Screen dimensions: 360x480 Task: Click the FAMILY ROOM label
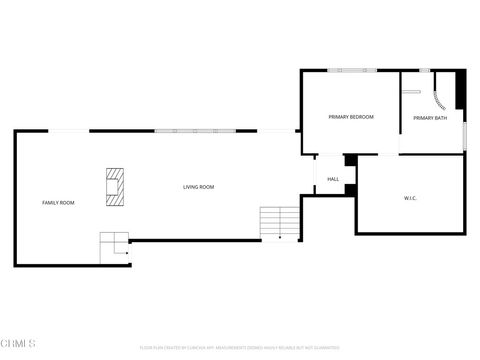pyautogui.click(x=58, y=203)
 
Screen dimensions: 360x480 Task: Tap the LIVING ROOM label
pyautogui.click(x=198, y=187)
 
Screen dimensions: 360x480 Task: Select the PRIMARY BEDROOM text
pyautogui.click(x=351, y=117)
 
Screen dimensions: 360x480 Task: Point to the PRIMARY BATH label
pyautogui.click(x=430, y=119)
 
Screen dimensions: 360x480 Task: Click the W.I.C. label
pyautogui.click(x=410, y=198)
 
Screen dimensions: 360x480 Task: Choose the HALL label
pyautogui.click(x=333, y=179)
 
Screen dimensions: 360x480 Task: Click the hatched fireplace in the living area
pyautogui.click(x=116, y=186)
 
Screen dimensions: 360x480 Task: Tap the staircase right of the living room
pyautogui.click(x=280, y=222)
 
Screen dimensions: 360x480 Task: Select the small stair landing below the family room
pyautogui.click(x=113, y=244)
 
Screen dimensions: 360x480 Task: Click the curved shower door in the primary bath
pyautogui.click(x=441, y=103)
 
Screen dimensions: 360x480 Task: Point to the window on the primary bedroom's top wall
pyautogui.click(x=351, y=70)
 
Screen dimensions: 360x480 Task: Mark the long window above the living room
pyautogui.click(x=194, y=131)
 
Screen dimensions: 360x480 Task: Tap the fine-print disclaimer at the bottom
pyautogui.click(x=239, y=347)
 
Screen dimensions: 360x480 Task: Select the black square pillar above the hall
pyautogui.click(x=350, y=160)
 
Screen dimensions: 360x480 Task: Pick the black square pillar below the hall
pyautogui.click(x=350, y=189)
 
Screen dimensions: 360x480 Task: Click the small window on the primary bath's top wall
pyautogui.click(x=424, y=70)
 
